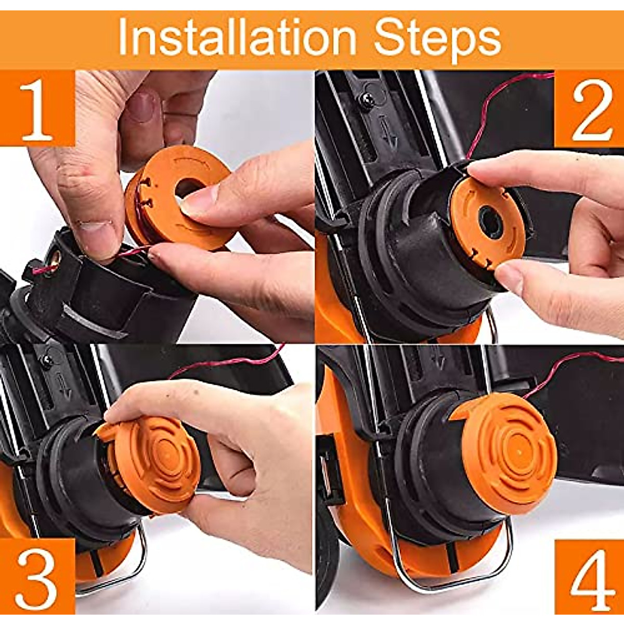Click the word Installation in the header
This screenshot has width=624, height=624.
point(237,37)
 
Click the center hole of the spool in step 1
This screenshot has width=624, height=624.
point(188,187)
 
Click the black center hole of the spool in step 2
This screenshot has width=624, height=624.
point(490,223)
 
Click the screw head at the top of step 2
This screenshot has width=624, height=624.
point(368,100)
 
